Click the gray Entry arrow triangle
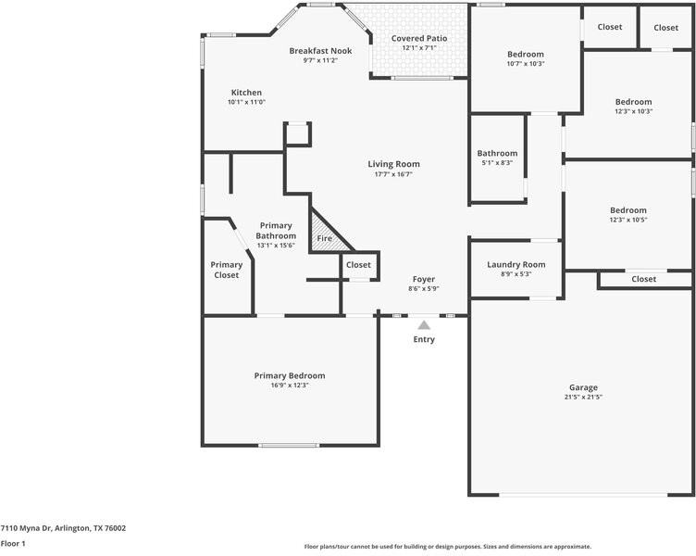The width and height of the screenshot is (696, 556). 424,325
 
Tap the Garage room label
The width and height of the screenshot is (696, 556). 583,387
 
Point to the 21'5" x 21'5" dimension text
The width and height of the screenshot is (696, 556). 583,398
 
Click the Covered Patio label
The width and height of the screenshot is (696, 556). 419,38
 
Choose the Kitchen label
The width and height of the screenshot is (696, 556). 246,93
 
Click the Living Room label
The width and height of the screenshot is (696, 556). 393,164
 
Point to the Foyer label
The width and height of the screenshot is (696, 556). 423,279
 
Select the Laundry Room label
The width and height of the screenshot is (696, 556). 516,264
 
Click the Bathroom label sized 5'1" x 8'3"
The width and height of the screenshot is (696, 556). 497,153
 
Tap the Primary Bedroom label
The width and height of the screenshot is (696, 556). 290,375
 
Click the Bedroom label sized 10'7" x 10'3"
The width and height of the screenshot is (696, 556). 526,54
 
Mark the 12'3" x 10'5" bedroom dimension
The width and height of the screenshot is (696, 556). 628,221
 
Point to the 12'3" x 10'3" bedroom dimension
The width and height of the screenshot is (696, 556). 634,112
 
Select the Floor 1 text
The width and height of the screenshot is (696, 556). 13,544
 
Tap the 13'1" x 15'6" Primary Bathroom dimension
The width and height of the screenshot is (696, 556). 276,246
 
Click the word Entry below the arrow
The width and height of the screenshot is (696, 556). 424,339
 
